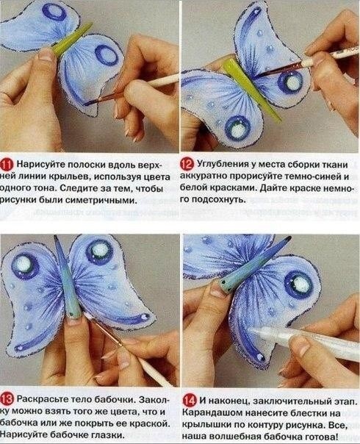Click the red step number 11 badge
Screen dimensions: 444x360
tap(8, 163)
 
